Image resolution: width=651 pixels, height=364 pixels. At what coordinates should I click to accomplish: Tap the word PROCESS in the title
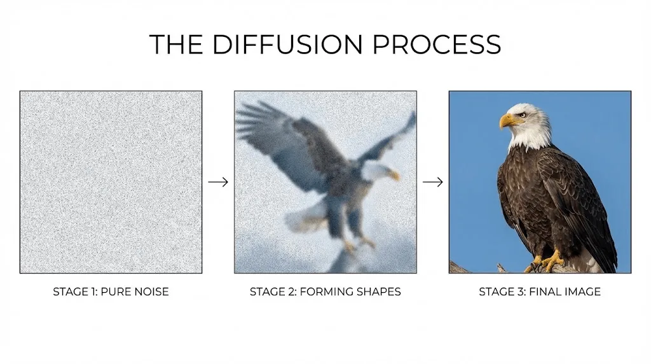(437, 45)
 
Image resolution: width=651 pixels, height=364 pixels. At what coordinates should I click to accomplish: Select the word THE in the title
(175, 45)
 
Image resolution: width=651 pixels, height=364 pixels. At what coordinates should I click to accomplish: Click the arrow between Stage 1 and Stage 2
(218, 182)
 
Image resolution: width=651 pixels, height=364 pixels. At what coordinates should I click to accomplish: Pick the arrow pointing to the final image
(432, 182)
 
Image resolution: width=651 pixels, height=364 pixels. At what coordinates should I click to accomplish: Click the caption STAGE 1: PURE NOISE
(111, 291)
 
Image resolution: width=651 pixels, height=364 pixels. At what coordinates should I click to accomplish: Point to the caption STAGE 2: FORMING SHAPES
(325, 291)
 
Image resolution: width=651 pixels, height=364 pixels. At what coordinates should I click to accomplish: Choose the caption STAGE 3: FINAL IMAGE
(540, 291)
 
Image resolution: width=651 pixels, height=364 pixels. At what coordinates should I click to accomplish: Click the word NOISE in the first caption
(152, 291)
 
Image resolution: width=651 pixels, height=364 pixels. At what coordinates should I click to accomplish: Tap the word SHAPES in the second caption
(381, 291)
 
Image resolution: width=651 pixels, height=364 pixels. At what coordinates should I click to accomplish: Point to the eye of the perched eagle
(523, 115)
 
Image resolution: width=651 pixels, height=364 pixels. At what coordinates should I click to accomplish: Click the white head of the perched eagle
(526, 125)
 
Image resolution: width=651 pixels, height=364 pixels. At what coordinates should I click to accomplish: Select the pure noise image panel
(111, 182)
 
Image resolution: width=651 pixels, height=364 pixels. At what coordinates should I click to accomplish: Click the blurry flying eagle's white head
(376, 171)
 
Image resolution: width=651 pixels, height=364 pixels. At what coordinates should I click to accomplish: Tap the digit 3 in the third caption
(521, 291)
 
